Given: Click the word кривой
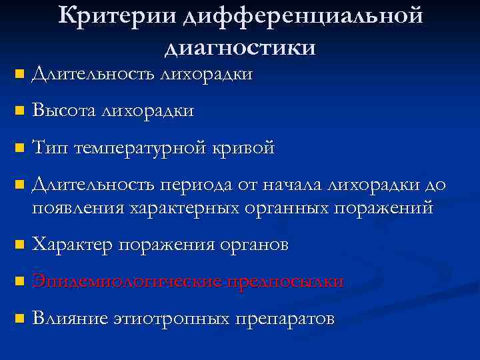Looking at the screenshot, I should [243, 147].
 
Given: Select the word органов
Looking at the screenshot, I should [253, 245].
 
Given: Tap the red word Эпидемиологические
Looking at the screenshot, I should [127, 281].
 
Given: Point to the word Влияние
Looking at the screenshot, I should [69, 318].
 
